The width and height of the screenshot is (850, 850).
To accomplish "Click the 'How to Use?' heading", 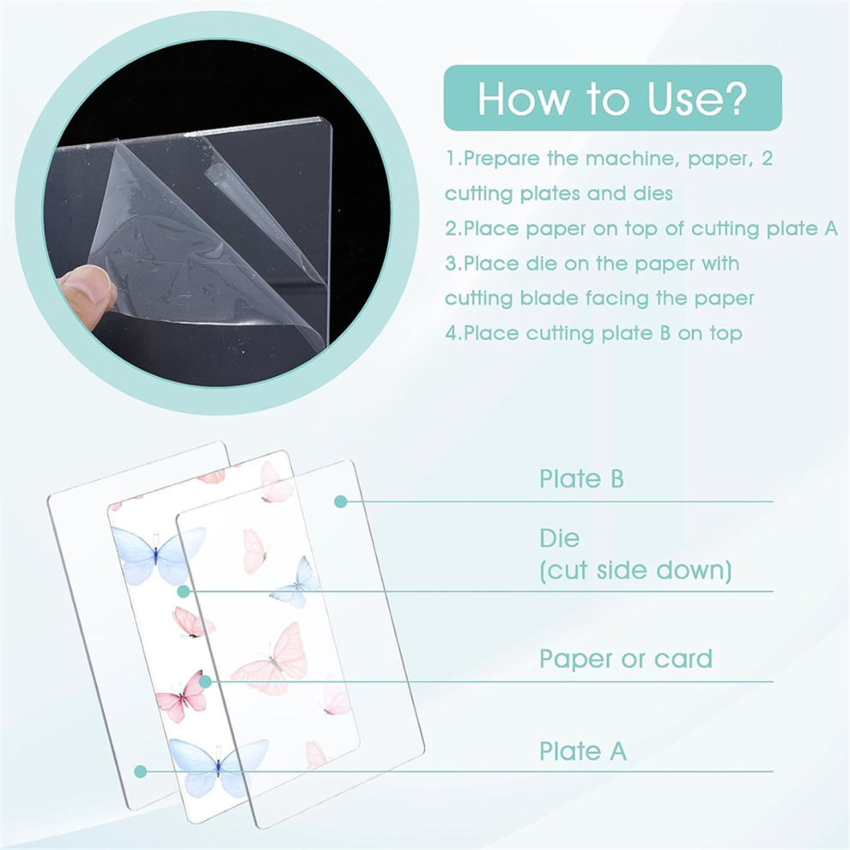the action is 612,98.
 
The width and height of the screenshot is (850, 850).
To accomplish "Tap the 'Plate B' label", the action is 581,479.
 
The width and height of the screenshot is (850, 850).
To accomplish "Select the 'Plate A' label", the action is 583,751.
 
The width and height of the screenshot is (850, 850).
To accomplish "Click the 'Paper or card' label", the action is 626,659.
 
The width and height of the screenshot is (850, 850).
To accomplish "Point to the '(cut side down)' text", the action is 635,570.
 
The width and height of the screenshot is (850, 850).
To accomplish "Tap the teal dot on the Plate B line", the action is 341,501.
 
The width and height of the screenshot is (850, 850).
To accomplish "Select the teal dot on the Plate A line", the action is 141,771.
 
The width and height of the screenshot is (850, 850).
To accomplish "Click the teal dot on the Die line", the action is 184,592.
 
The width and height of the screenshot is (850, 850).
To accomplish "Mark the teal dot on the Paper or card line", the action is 205,682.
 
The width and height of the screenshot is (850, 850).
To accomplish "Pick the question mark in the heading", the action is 735,98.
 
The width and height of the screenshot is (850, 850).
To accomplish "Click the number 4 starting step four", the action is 452,333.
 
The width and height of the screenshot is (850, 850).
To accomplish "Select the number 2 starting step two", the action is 451,228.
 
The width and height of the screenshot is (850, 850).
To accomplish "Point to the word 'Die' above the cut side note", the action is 560,538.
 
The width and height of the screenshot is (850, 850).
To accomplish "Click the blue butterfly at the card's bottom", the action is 218,767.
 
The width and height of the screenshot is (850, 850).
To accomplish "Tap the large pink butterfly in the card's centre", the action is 271,659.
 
